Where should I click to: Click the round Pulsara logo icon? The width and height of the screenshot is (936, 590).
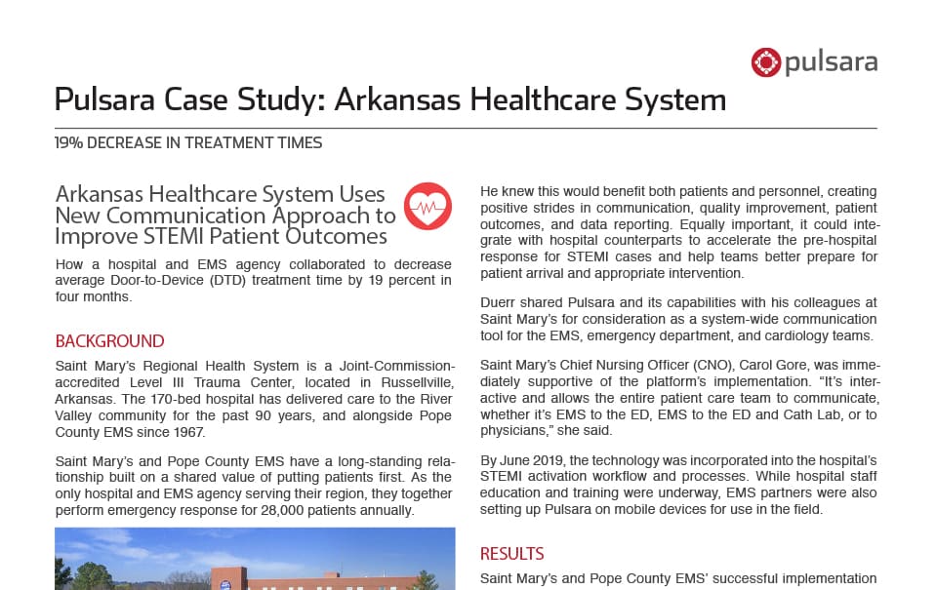point(765,62)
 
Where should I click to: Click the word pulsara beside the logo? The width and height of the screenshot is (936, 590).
point(831,63)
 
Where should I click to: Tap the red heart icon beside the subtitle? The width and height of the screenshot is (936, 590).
point(427,205)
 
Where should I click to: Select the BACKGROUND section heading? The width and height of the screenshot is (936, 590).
point(109,341)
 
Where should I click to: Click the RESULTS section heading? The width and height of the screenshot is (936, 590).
point(511,554)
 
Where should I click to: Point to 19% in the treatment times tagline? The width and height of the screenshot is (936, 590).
point(69,142)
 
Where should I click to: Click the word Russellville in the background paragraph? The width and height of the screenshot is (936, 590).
point(406,380)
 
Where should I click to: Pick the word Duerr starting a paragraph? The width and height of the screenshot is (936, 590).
point(500,303)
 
